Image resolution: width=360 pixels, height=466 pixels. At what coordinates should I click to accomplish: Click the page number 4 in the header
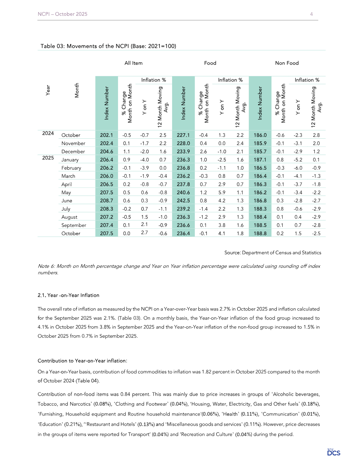coord(311,14)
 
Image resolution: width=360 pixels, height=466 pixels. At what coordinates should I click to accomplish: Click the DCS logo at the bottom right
coord(334,452)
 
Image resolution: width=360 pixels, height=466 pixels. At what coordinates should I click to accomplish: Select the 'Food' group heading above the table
coord(210,63)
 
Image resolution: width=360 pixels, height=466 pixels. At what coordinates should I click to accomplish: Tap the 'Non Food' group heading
coord(287,63)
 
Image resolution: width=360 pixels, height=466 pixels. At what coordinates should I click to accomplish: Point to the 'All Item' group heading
coord(134,63)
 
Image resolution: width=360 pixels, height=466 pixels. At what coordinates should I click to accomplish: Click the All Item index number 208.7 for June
coord(107,201)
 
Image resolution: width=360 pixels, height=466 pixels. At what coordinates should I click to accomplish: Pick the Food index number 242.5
coord(183,201)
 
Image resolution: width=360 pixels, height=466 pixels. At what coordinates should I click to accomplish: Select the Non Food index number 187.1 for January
coord(260,160)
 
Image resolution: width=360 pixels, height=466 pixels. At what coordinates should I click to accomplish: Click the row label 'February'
coord(71,168)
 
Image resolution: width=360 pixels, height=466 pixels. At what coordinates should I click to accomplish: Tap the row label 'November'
coord(73,143)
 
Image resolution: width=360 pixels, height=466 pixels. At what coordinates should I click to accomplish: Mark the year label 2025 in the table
coord(48,158)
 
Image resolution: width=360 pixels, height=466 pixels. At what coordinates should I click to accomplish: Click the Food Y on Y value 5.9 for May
coord(222,192)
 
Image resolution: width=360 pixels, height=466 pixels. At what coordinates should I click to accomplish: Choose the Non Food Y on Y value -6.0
coord(298,168)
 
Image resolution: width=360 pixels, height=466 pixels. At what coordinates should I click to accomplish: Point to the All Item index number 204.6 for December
coord(107,152)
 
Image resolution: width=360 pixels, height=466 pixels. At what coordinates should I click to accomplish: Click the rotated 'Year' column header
coord(48,90)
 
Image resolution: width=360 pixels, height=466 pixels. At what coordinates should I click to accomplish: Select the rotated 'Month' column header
coord(77,90)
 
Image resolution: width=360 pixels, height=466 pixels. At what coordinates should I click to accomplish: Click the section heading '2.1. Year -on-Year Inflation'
coord(68,295)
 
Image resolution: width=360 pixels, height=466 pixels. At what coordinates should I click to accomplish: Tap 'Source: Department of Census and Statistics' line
coord(273,253)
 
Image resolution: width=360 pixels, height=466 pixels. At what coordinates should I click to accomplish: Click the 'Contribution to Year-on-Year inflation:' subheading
coord(82,361)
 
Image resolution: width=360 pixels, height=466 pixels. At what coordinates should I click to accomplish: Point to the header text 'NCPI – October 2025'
coord(63,14)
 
